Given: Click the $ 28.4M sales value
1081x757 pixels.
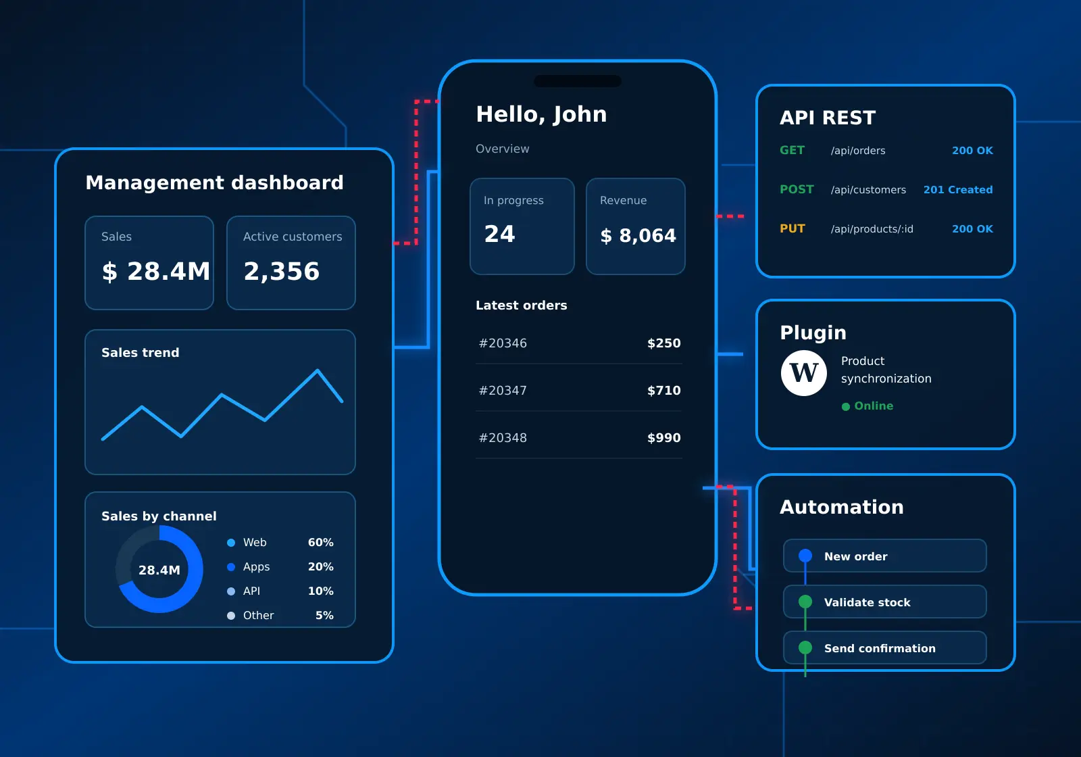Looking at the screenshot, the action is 156,271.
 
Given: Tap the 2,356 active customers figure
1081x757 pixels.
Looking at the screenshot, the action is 281,271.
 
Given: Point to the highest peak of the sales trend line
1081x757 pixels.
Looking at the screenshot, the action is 318,370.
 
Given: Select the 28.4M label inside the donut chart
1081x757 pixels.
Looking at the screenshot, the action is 159,570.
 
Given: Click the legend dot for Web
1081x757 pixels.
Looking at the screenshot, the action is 231,543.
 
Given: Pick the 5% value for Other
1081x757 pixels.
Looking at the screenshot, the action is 324,616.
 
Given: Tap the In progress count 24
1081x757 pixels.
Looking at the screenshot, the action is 499,234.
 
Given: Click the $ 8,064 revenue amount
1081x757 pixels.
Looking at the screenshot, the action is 638,236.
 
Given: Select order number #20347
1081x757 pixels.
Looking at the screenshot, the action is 503,391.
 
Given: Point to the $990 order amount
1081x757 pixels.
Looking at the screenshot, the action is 664,438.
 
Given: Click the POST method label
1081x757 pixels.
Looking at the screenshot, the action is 797,189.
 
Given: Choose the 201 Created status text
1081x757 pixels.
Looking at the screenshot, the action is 958,190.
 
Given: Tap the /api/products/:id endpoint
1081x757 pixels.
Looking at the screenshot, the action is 872,229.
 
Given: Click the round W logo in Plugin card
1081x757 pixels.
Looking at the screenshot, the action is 804,373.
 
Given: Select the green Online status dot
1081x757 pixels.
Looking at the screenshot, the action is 845,406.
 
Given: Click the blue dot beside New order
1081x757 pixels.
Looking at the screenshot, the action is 805,556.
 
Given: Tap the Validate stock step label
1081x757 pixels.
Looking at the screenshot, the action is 868,602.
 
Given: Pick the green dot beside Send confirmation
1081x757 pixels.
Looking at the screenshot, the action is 805,648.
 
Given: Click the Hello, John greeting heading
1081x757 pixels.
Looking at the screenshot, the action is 541,114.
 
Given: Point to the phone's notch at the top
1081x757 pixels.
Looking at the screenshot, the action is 578,81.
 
